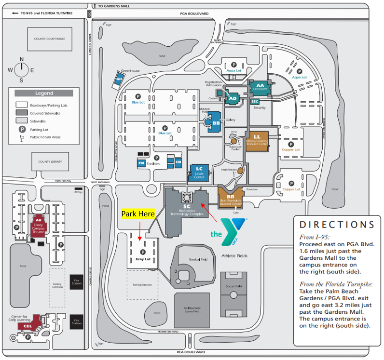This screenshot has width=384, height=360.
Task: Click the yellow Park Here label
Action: click(138, 213)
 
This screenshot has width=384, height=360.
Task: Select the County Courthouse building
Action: click(50, 39)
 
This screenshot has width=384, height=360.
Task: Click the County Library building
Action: click(51, 161)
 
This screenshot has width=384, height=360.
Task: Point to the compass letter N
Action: click(21, 59)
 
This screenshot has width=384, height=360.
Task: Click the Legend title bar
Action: click(44, 93)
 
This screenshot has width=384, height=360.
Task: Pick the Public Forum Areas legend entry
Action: click(44, 137)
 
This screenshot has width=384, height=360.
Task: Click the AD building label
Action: click(232, 98)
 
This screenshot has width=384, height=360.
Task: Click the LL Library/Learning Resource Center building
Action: click(257, 140)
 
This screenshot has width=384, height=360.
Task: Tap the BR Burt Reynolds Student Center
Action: click(231, 198)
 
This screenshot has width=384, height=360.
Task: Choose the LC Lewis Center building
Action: click(199, 172)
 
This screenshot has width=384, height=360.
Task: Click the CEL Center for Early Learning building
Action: click(28, 326)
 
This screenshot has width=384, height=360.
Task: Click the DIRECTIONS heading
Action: click(337, 225)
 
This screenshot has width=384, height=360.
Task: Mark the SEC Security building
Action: click(255, 101)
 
